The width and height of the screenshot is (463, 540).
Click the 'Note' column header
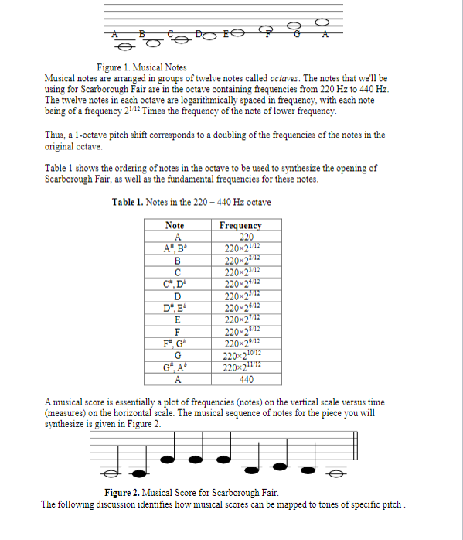pos(175,225)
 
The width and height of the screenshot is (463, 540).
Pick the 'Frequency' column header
pos(240,225)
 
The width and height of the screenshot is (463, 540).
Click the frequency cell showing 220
pos(247,237)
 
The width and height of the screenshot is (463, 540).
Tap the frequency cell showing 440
pos(247,379)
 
